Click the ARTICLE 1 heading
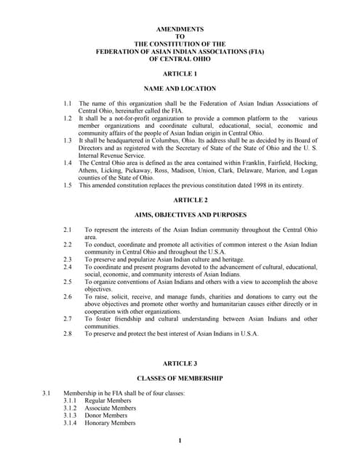(x=180, y=74)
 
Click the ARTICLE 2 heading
(x=180, y=199)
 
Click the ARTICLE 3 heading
(x=180, y=363)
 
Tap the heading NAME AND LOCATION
(x=180, y=89)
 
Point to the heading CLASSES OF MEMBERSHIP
(x=180, y=378)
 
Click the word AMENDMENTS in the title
(x=180, y=28)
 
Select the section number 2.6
(x=67, y=297)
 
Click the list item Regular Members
(x=108, y=400)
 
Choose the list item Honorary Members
(x=111, y=423)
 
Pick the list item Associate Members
(x=111, y=408)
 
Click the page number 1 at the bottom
(x=180, y=441)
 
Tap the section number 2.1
(x=67, y=230)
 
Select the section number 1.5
(x=67, y=186)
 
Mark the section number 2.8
(x=67, y=333)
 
